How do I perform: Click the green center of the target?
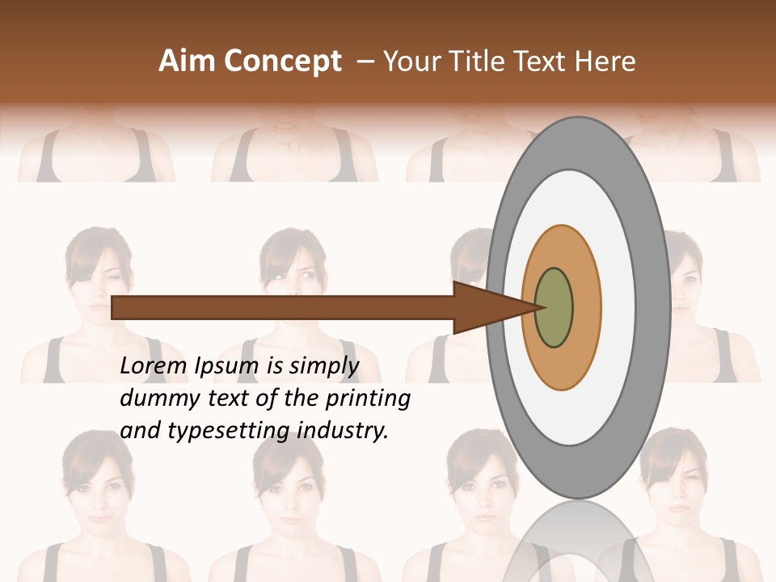[554, 307]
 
